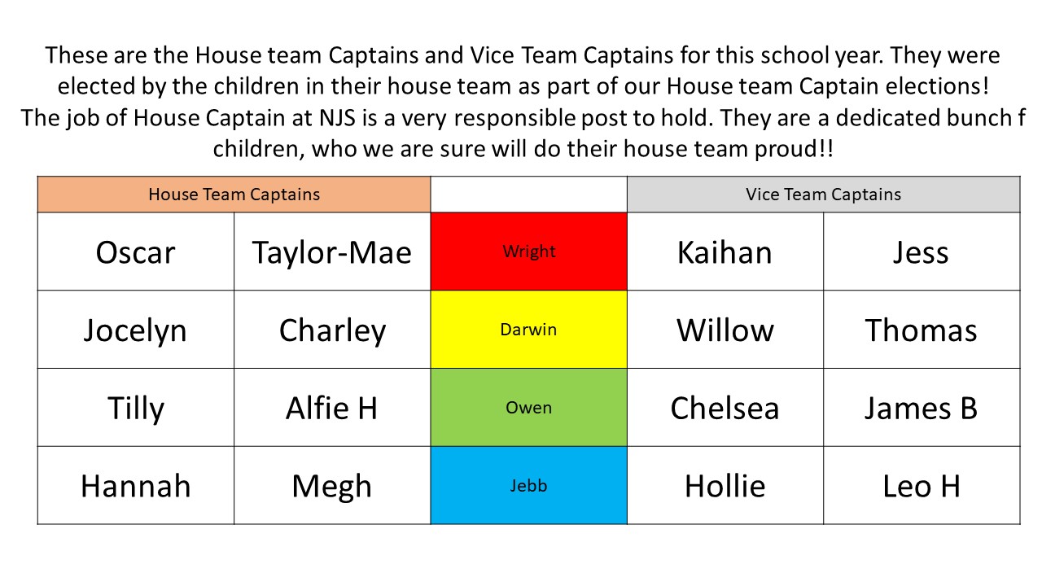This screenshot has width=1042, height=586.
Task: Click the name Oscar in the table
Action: click(x=135, y=252)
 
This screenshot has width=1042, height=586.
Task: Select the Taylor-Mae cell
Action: click(x=332, y=251)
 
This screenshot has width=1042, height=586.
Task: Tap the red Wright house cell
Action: click(x=529, y=251)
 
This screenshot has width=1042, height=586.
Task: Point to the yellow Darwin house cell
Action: click(x=529, y=330)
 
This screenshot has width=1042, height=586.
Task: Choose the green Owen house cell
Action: click(x=529, y=408)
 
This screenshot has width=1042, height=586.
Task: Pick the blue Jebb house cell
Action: click(x=529, y=486)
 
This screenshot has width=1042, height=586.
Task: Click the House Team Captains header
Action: click(x=234, y=195)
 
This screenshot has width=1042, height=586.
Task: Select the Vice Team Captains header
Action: click(x=823, y=195)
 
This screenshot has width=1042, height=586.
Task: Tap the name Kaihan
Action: click(x=725, y=252)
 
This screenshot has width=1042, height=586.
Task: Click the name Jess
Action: click(x=921, y=252)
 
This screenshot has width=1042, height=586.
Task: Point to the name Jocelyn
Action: click(x=135, y=331)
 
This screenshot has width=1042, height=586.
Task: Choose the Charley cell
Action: click(x=332, y=330)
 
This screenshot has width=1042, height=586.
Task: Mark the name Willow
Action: click(x=725, y=330)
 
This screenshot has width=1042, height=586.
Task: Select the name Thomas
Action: click(x=921, y=330)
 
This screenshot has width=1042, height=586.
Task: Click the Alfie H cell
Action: click(x=332, y=408)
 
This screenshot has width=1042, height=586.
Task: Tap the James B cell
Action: click(x=922, y=408)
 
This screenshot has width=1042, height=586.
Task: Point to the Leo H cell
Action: click(x=922, y=486)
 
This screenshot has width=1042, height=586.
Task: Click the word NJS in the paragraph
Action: click(x=337, y=118)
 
